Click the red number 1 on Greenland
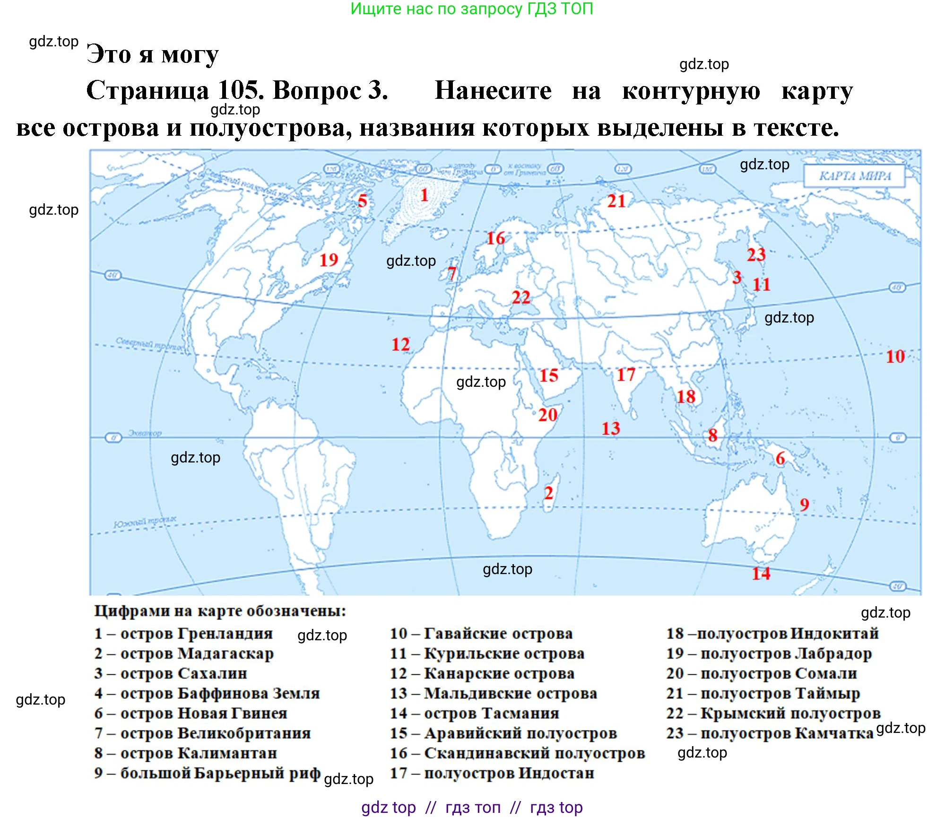424,195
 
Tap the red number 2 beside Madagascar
548,493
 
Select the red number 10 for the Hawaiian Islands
895,356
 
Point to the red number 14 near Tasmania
761,573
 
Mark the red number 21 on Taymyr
616,201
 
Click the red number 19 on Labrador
329,260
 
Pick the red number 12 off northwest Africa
400,344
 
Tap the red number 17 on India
626,375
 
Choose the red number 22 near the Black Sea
521,297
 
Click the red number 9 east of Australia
804,504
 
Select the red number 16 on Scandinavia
495,238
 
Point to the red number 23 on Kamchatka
756,254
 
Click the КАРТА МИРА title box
854,176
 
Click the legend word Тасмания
516,713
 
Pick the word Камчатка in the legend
834,733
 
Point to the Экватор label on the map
145,433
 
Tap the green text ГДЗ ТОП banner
471,9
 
